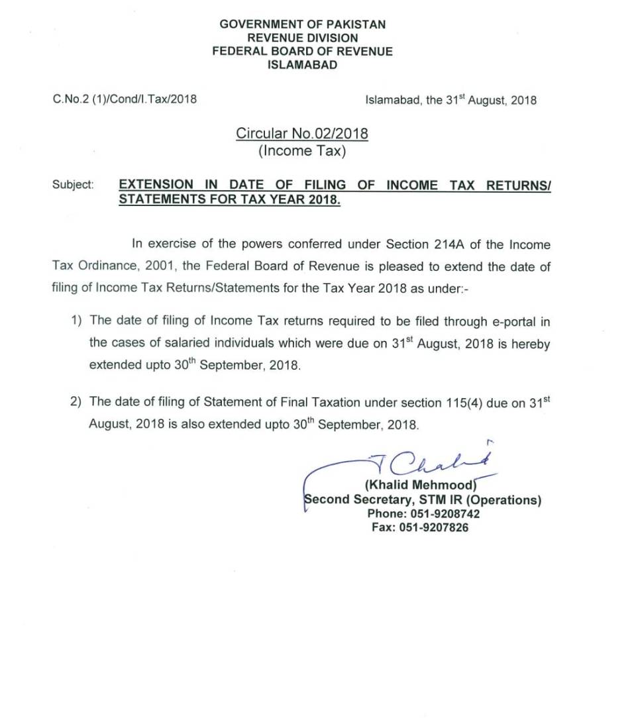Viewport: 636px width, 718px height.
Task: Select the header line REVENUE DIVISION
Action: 302,38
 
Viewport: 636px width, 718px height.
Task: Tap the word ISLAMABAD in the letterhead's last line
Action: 302,65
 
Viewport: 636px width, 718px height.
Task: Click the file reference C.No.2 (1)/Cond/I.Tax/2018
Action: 125,100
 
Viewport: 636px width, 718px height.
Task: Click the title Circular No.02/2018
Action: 302,134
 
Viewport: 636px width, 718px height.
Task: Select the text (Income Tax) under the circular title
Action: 302,151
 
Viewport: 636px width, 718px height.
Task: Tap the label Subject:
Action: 73,185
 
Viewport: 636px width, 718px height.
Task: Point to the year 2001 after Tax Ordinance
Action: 151,266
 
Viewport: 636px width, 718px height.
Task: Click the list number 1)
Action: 78,321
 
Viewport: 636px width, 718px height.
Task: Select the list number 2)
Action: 78,402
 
